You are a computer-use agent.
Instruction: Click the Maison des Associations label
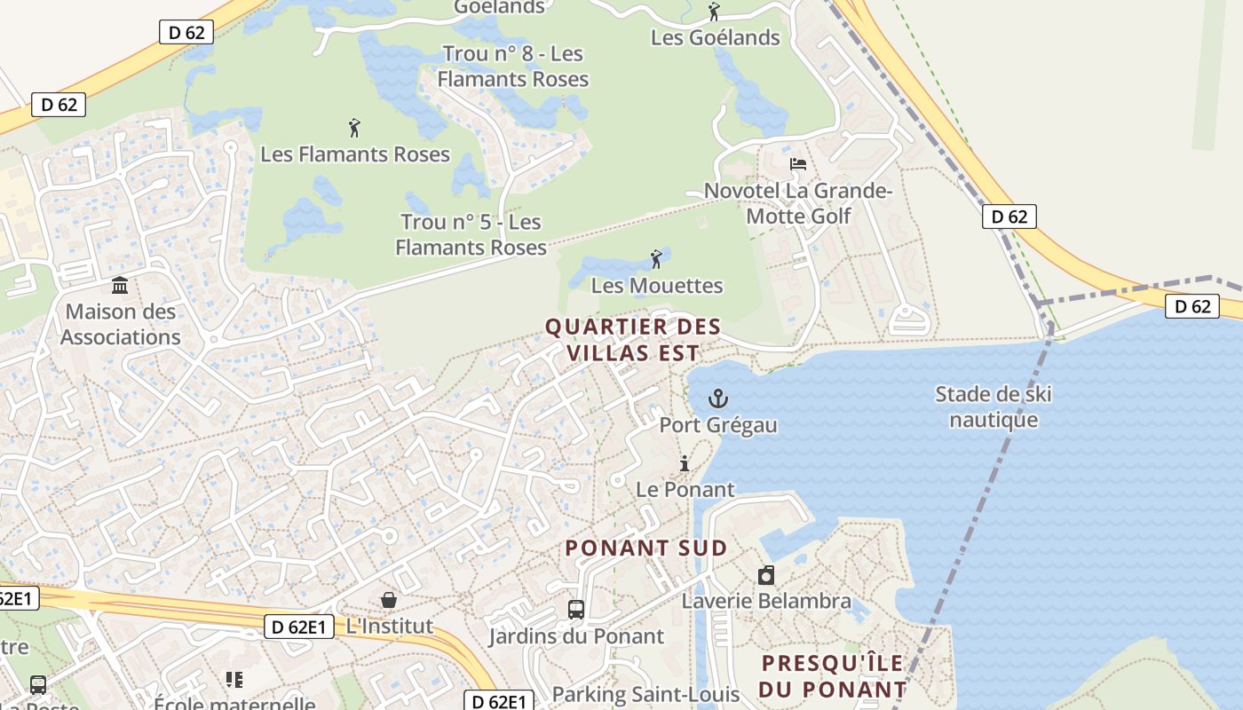(x=120, y=324)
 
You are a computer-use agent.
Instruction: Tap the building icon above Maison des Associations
(x=120, y=285)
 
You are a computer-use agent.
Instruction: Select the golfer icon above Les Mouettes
(x=656, y=259)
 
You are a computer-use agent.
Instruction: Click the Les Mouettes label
(x=657, y=286)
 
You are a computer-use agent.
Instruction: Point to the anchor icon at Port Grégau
(x=717, y=398)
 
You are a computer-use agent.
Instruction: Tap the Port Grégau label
(x=717, y=425)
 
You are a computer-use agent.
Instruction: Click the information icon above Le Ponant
(x=685, y=463)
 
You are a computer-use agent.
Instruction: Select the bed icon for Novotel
(x=798, y=164)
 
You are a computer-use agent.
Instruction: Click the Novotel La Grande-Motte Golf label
(x=798, y=203)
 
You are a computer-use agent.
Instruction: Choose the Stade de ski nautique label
(x=994, y=406)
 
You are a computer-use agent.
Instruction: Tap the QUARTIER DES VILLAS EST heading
(x=633, y=339)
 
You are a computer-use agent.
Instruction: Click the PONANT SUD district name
(x=646, y=548)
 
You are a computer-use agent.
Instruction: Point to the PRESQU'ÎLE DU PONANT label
(x=833, y=675)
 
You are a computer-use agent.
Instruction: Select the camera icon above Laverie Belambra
(x=766, y=575)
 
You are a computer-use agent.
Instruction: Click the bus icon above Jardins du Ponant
(x=576, y=610)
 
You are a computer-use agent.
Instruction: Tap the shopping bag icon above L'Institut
(x=389, y=600)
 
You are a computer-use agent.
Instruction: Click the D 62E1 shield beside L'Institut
(x=299, y=627)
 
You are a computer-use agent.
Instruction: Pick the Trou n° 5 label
(x=471, y=234)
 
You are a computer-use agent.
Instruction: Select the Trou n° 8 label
(x=513, y=67)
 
